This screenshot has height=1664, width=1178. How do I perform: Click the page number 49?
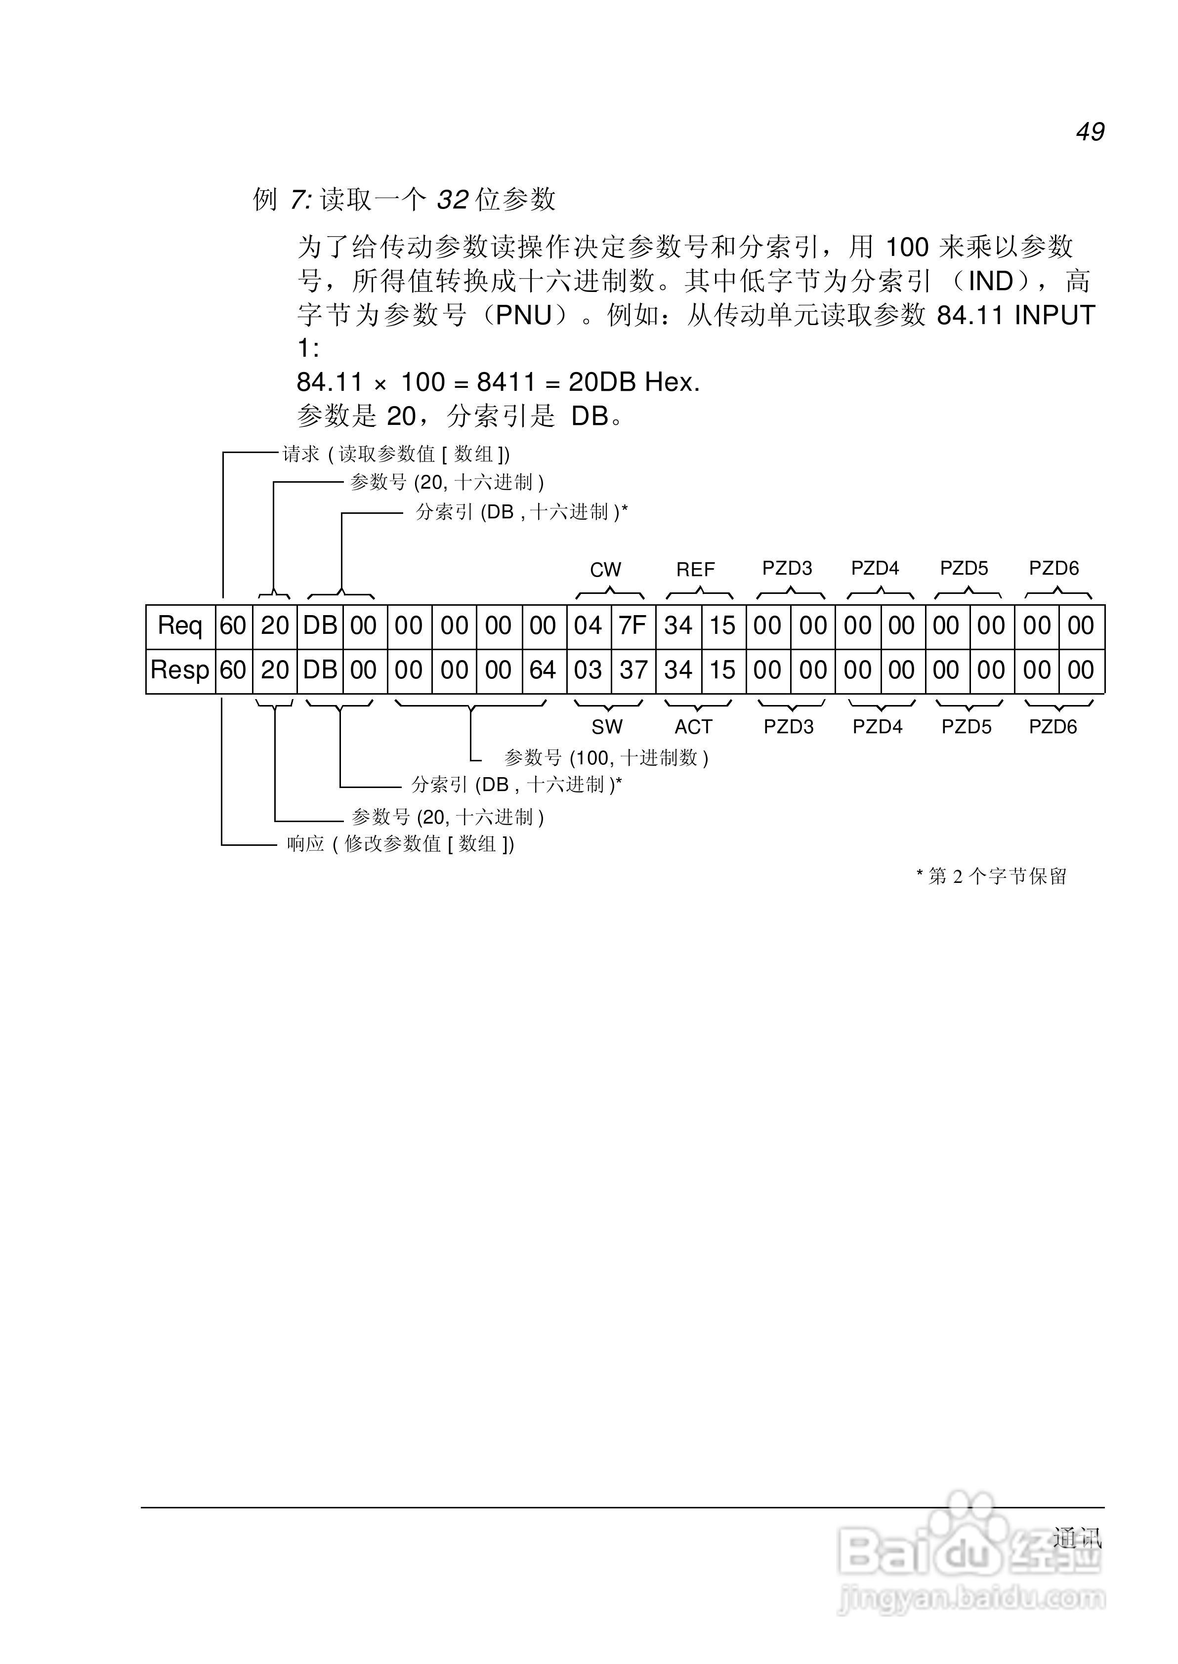click(x=1090, y=131)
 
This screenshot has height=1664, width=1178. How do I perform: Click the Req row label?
click(x=180, y=625)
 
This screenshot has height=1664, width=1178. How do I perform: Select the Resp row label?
click(x=179, y=670)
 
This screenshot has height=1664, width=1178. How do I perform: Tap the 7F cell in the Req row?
click(x=632, y=625)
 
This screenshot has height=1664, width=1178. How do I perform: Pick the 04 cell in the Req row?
click(x=588, y=625)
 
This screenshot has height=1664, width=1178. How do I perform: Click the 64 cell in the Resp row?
click(x=543, y=670)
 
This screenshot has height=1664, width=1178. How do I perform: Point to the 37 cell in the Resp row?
click(x=632, y=670)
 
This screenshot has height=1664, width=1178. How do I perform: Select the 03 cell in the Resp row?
click(x=588, y=670)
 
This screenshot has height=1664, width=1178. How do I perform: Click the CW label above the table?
click(x=606, y=570)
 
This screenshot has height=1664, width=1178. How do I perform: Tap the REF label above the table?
click(x=696, y=570)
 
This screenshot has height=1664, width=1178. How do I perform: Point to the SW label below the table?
click(x=607, y=726)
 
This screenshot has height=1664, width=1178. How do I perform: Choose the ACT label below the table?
click(x=694, y=726)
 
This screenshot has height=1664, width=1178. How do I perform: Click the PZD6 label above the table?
click(x=1054, y=569)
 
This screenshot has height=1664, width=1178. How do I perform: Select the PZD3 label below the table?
click(x=789, y=726)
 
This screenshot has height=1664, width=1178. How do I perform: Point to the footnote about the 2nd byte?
click(x=992, y=876)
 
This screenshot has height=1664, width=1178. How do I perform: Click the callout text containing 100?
click(x=606, y=758)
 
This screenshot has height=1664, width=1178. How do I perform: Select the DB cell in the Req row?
click(x=320, y=625)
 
